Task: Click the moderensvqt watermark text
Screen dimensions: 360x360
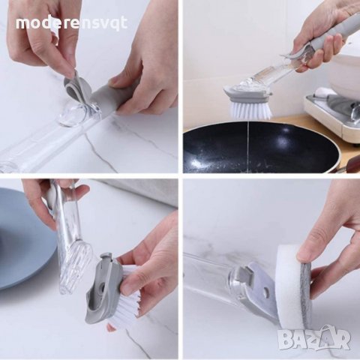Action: [72, 23]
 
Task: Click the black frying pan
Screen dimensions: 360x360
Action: [260, 148]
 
